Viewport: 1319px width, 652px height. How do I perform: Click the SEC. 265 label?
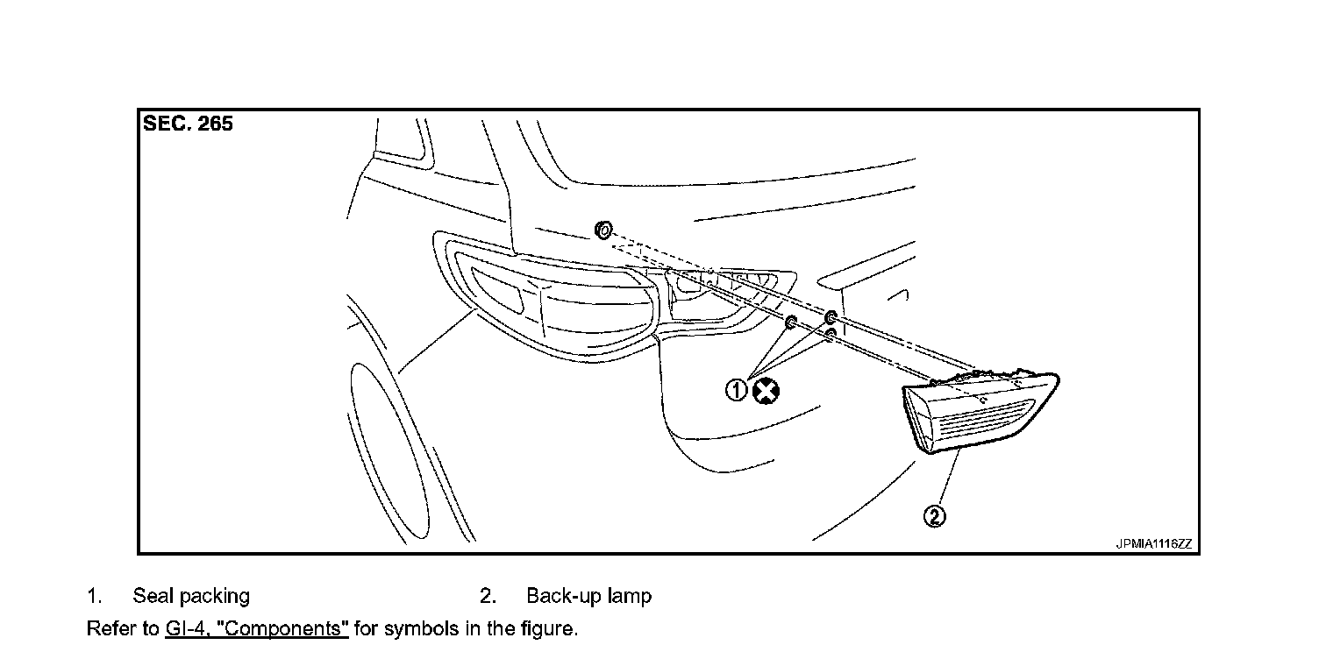coord(188,124)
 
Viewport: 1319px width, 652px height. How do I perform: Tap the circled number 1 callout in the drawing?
coord(737,391)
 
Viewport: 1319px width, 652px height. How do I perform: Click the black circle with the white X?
coord(766,391)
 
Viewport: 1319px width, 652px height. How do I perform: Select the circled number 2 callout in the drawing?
coord(935,516)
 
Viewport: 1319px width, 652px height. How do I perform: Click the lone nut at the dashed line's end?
coord(602,230)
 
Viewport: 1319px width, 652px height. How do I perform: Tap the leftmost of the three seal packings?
coord(789,322)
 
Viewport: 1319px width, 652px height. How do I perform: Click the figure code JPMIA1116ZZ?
coord(1153,543)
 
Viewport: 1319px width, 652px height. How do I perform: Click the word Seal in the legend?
coord(153,597)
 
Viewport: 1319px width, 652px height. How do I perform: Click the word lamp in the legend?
coord(629,597)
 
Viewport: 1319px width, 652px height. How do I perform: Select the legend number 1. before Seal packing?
coord(94,597)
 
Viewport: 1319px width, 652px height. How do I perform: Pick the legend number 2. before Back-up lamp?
coord(488,597)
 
